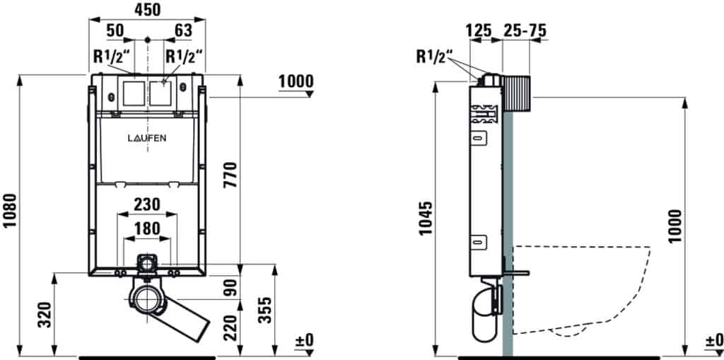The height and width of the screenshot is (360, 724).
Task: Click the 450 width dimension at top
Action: (x=147, y=10)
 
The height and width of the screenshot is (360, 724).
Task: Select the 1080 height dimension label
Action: (x=10, y=210)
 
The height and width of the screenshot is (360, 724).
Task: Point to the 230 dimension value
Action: (x=147, y=204)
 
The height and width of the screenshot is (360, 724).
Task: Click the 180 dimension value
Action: (x=147, y=228)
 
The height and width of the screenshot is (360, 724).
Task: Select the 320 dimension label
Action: (x=45, y=315)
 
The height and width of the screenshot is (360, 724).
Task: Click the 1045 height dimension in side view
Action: (x=425, y=218)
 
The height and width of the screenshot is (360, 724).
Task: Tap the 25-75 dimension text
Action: (x=524, y=30)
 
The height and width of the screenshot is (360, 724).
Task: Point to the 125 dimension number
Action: (x=479, y=30)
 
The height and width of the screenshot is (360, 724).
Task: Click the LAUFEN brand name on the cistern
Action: (x=147, y=138)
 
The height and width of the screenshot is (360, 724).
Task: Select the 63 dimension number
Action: (x=183, y=30)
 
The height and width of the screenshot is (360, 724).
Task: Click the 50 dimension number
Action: (x=115, y=30)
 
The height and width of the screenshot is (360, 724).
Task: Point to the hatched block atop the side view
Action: (x=517, y=93)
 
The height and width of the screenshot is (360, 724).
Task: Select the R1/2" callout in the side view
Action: (x=435, y=57)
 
